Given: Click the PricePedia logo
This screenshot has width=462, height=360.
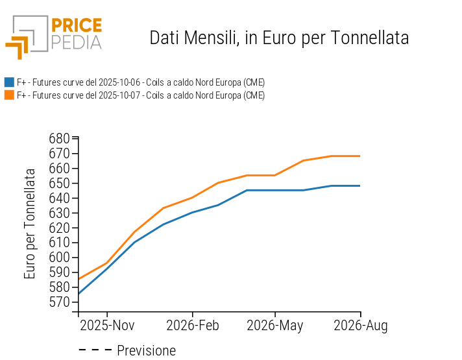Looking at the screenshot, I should [x=54, y=37].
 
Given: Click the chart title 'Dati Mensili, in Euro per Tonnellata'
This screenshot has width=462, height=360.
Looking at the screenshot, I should [x=279, y=38].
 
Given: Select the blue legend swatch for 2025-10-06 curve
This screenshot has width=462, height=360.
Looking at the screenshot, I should [x=9, y=82].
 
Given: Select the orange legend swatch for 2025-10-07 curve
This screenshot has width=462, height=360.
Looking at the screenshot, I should [x=9, y=95].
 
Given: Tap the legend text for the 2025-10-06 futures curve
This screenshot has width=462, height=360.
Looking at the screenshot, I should [x=141, y=82].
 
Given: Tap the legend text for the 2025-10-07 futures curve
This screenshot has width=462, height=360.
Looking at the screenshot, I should [x=141, y=95].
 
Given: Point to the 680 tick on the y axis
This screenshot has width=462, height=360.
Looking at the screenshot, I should [x=59, y=138].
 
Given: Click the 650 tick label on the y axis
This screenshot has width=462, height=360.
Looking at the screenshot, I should [x=59, y=183].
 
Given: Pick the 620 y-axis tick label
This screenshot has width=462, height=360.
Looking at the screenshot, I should [x=59, y=228].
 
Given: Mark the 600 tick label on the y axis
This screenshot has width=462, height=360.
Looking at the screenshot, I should [x=59, y=258].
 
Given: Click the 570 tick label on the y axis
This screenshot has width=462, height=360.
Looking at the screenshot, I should [x=59, y=302].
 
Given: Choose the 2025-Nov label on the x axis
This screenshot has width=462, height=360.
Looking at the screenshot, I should [x=107, y=326].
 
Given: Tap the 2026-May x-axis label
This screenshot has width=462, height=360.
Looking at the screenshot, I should [x=275, y=326].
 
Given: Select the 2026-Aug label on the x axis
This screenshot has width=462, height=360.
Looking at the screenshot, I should [x=360, y=326].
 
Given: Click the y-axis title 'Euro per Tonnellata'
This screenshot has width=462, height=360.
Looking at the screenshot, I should [x=30, y=224].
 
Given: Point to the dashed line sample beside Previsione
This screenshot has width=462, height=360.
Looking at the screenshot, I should [x=95, y=351].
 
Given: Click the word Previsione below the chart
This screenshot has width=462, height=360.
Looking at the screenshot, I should [x=146, y=351].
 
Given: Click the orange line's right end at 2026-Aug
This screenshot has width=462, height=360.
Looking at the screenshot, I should [x=359, y=156].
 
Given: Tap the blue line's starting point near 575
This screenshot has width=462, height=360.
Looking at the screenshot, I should [x=79, y=294].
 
